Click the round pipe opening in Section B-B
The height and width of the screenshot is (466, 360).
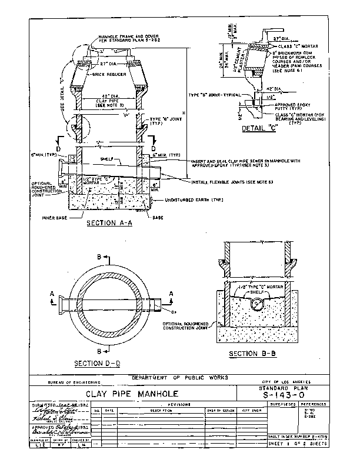(x=258, y=304)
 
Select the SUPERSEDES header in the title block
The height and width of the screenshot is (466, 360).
(x=280, y=405)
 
